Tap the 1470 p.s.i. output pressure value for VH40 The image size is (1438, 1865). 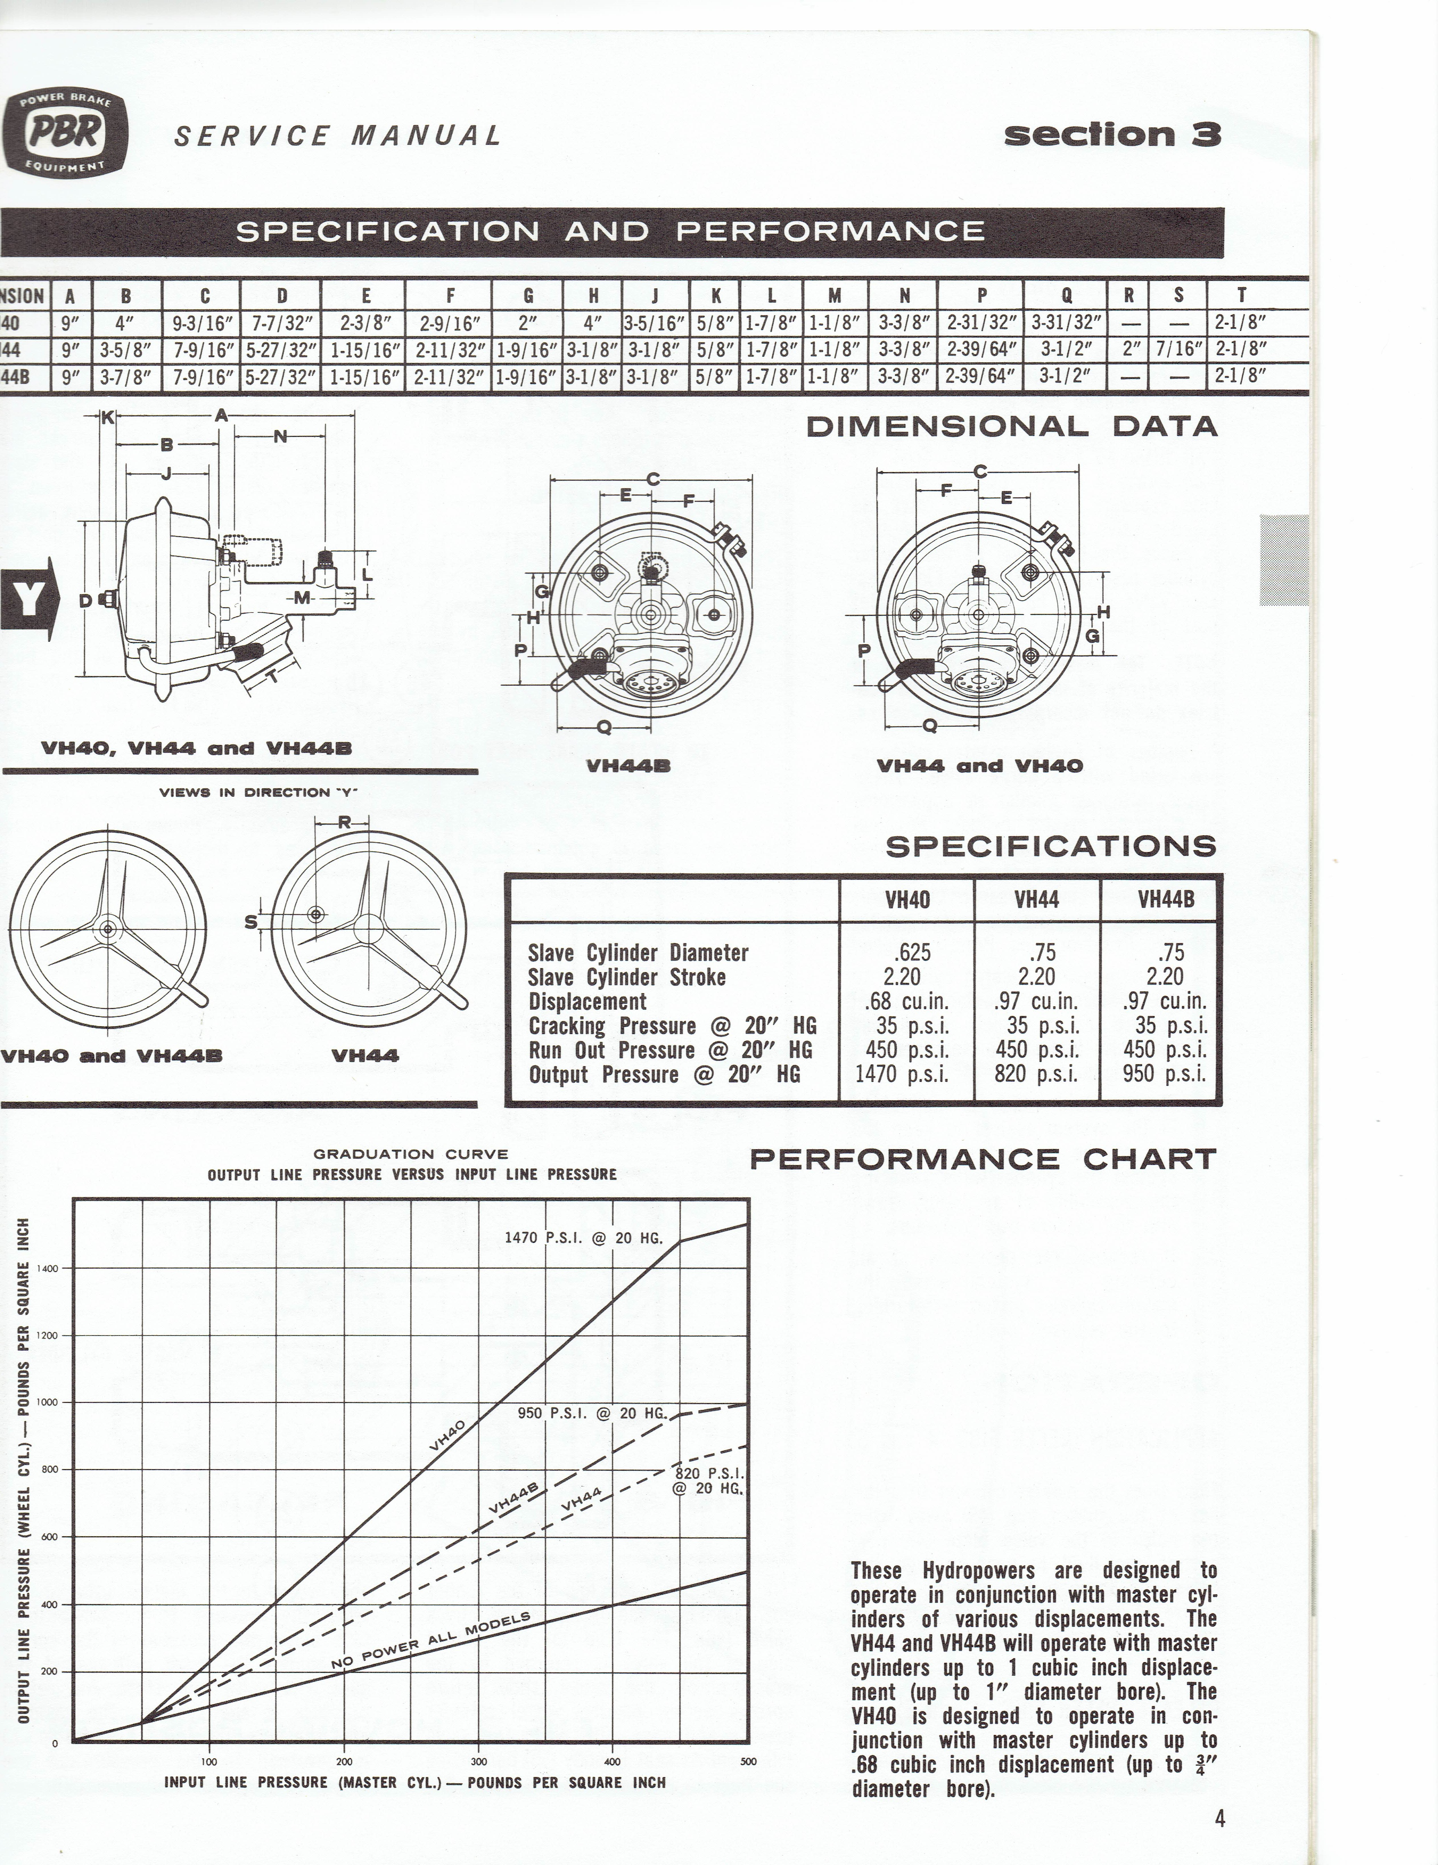903,1074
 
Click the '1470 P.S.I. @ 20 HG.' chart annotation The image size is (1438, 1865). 583,1237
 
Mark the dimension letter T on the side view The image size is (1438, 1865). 272,676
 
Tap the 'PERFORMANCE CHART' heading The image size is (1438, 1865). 982,1160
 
